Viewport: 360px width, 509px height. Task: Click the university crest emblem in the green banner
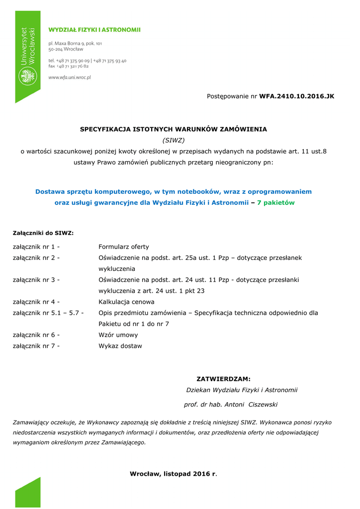pos(27,77)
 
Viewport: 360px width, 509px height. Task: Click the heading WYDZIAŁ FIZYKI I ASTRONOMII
pos(94,30)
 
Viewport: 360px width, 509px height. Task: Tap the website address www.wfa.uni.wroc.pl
pos(69,77)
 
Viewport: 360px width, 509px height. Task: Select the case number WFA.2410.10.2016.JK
pos(296,96)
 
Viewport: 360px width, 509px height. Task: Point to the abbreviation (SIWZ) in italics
pos(174,140)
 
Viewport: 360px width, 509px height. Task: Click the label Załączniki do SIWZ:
pos(43,233)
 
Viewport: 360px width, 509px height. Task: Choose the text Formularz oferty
pos(124,247)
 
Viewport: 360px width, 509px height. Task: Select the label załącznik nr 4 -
pos(36,302)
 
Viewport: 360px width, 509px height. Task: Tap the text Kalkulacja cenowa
pos(126,302)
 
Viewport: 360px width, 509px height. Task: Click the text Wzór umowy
pos(118,335)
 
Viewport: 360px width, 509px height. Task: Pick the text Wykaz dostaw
pos(120,346)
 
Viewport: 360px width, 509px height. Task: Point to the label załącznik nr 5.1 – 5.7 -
pos(48,313)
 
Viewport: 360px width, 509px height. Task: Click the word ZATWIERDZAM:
pos(224,379)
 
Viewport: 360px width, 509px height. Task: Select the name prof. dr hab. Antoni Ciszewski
pos(231,405)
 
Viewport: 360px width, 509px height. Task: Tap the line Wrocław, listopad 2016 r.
pos(174,474)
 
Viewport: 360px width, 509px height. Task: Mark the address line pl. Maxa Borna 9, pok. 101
pos(75,43)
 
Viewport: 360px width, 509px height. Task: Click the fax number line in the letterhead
pos(69,66)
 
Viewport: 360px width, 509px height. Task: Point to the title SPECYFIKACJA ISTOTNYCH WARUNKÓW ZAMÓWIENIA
pos(174,129)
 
